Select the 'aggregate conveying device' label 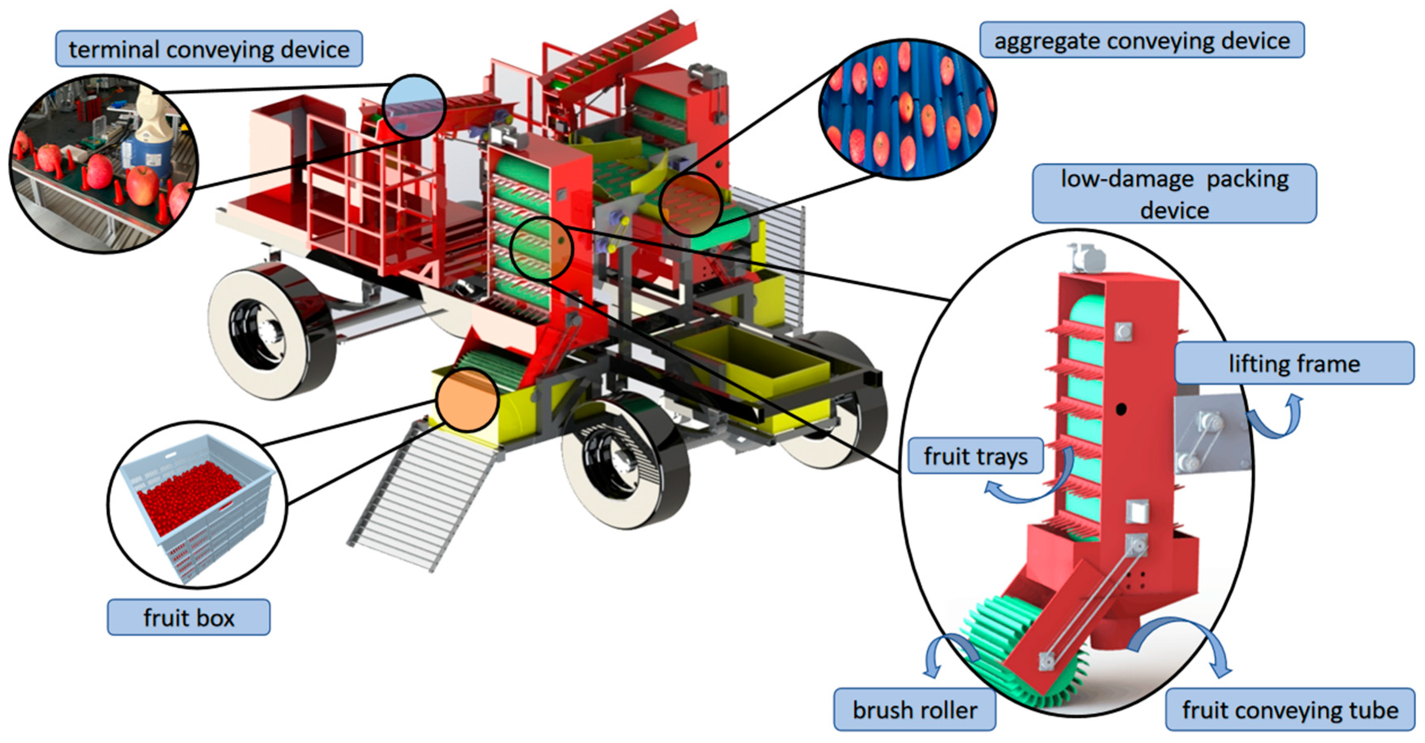point(1142,40)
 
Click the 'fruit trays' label point(975,456)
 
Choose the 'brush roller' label point(914,709)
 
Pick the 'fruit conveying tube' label point(1290,709)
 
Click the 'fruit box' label point(188,617)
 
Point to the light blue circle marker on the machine point(414,106)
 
